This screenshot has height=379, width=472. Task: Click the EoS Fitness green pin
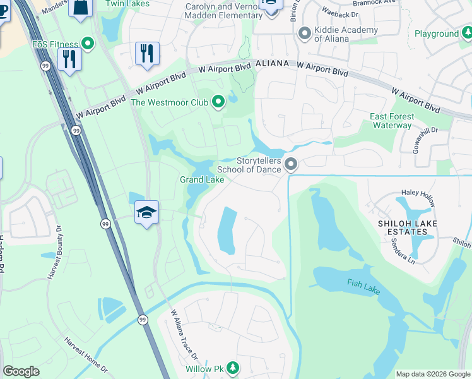[x=88, y=44]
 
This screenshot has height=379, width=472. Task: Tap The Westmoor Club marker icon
[x=219, y=102]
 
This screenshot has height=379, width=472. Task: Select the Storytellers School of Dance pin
[x=290, y=165]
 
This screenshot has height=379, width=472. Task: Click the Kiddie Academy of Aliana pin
[x=305, y=33]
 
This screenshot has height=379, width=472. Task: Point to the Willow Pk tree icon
[x=233, y=368]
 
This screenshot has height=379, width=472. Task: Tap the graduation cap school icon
[x=146, y=213]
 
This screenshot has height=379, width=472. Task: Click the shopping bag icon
[x=81, y=7]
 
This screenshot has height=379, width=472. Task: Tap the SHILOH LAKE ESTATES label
[x=411, y=227]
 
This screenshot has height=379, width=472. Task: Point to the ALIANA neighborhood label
[x=272, y=64]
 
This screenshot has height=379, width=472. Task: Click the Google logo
[x=21, y=371]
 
